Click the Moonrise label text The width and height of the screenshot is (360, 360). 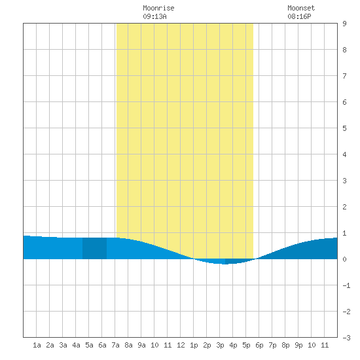(x=158, y=9)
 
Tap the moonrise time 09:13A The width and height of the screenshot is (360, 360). (x=154, y=16)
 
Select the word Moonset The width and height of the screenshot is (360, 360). (x=301, y=9)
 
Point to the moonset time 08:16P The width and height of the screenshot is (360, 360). (x=299, y=16)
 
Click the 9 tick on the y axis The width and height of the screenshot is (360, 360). (x=344, y=24)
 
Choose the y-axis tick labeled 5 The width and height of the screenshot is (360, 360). (x=344, y=128)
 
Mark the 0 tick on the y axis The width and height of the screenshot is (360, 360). (x=344, y=259)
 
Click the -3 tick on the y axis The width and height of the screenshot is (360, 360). (x=346, y=338)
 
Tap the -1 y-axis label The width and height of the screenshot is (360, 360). (x=346, y=285)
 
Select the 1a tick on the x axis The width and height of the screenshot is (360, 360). (x=37, y=345)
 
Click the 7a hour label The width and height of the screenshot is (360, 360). (x=115, y=345)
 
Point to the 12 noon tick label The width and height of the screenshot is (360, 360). (x=181, y=345)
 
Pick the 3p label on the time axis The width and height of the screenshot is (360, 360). (x=220, y=345)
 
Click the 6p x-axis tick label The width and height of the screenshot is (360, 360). (x=259, y=345)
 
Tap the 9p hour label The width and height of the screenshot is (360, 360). (x=298, y=345)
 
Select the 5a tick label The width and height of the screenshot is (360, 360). (x=89, y=345)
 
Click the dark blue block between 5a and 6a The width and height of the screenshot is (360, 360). (x=95, y=249)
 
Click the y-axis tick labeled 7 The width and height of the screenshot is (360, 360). (x=344, y=76)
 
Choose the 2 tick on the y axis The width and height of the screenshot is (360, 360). (x=344, y=207)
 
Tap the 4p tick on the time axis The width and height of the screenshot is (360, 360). (x=233, y=345)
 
